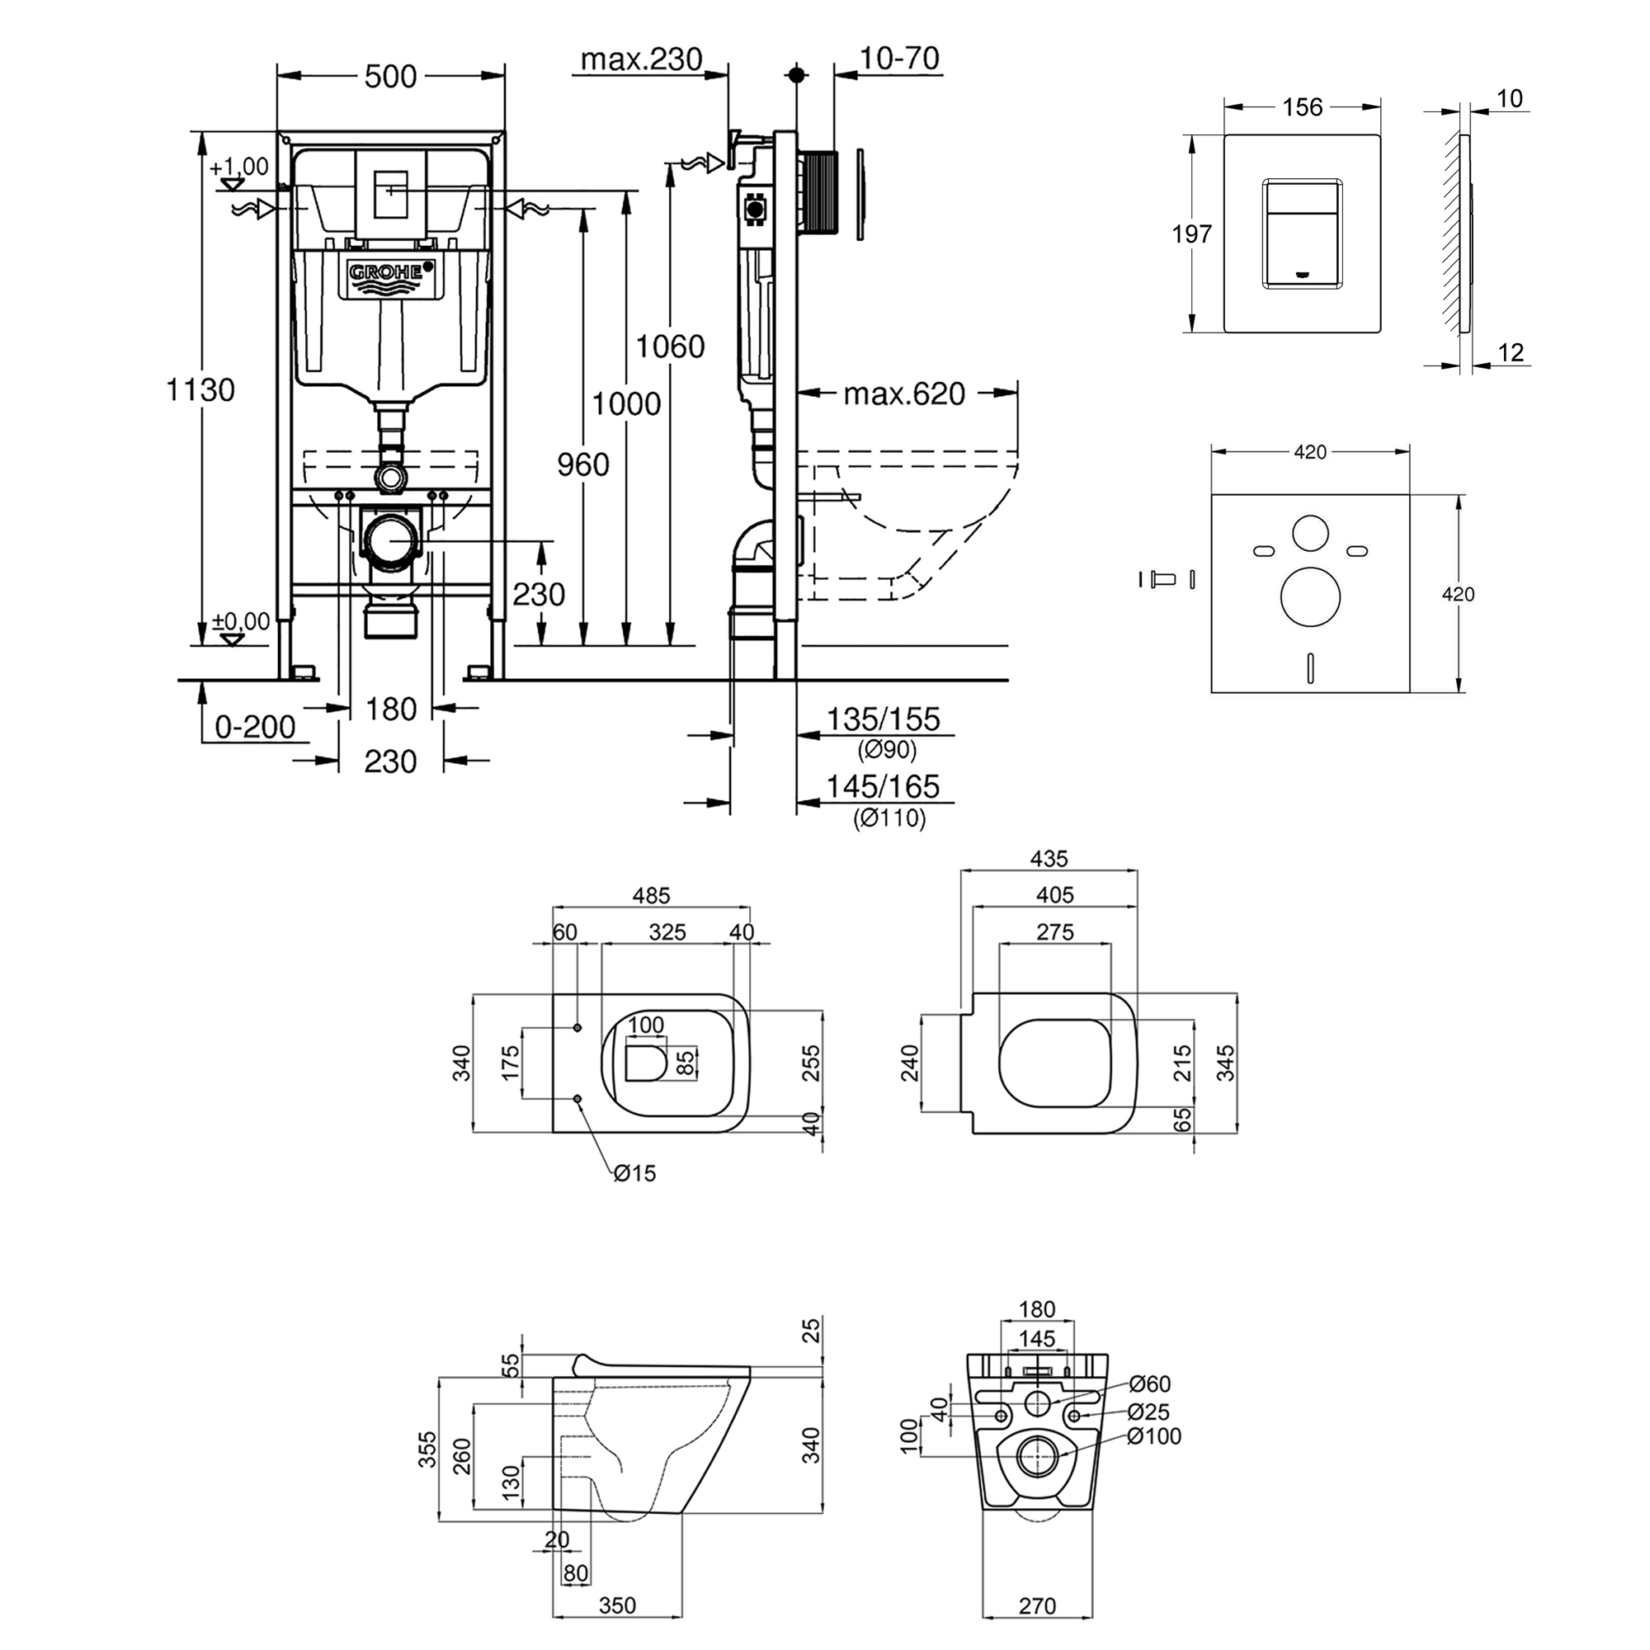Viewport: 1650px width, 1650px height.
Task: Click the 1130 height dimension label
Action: [200, 390]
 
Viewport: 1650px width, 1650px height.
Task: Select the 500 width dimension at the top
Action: [390, 77]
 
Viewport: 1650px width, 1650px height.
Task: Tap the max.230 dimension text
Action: [641, 59]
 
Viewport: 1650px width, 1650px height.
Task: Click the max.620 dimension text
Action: [904, 394]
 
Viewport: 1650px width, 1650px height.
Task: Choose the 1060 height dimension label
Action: [671, 346]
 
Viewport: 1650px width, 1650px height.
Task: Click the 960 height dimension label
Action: [583, 464]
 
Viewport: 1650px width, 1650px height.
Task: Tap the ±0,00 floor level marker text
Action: [241, 621]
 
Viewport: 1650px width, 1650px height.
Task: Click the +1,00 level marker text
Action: [239, 167]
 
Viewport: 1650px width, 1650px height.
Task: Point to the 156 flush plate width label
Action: [1303, 107]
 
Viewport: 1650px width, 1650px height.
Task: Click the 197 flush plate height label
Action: [1191, 233]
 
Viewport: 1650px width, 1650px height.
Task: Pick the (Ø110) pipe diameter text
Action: [890, 818]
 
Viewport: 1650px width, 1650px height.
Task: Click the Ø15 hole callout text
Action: [634, 1173]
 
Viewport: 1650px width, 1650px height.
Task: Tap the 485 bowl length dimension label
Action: [652, 895]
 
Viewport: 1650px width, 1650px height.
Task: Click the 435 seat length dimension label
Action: [1049, 858]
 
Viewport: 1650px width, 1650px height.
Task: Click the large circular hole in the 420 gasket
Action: [1310, 596]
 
